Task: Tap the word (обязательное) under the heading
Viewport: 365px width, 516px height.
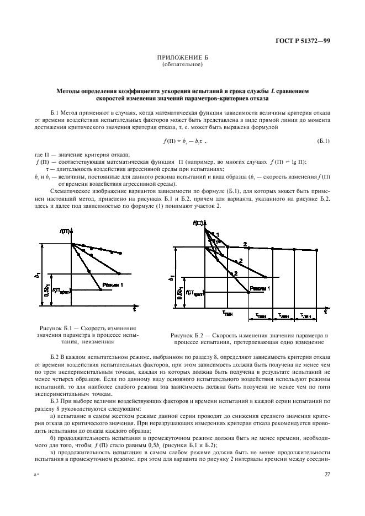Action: point(182,65)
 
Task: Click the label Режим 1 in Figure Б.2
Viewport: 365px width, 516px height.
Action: point(259,288)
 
